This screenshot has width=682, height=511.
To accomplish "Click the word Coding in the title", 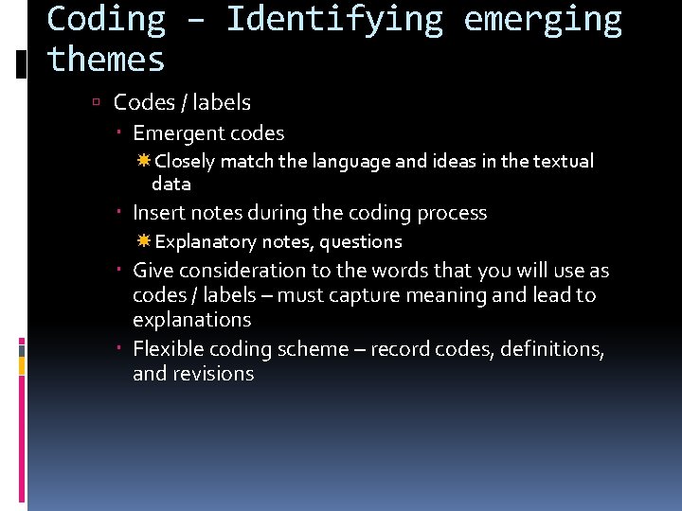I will [x=106, y=19].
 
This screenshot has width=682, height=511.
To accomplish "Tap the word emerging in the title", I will [x=543, y=19].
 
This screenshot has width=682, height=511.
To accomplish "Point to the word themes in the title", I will [x=106, y=60].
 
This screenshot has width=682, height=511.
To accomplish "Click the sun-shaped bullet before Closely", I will [x=144, y=162].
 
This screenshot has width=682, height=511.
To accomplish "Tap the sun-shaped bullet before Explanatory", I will [x=144, y=242].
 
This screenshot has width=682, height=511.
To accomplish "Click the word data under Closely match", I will [x=171, y=184].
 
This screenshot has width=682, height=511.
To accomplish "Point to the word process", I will [x=451, y=213].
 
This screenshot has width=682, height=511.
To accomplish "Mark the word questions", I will [x=361, y=242].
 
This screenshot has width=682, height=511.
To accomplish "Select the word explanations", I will [x=192, y=320].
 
